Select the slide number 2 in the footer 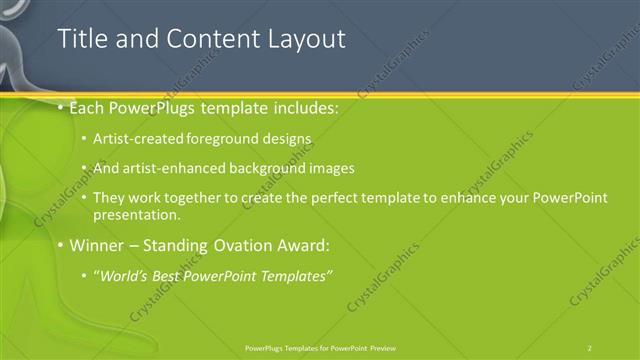point(590,347)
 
